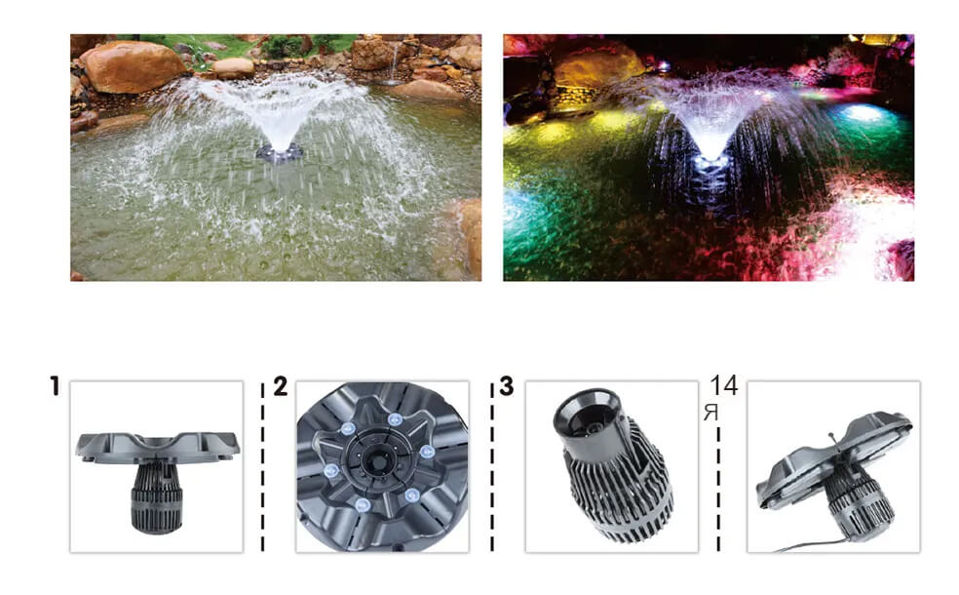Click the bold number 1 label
pyautogui.click(x=55, y=386)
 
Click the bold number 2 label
pyautogui.click(x=280, y=386)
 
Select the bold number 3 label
pyautogui.click(x=507, y=386)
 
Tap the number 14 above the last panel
pyautogui.click(x=724, y=385)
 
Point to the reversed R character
pyautogui.click(x=710, y=414)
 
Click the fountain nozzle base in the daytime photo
pyautogui.click(x=279, y=152)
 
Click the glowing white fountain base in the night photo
pyautogui.click(x=710, y=163)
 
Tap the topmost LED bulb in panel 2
pyautogui.click(x=395, y=420)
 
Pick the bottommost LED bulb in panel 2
pyautogui.click(x=363, y=505)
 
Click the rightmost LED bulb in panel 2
pyautogui.click(x=427, y=453)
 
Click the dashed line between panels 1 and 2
pyautogui.click(x=263, y=467)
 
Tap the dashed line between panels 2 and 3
pyautogui.click(x=492, y=467)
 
